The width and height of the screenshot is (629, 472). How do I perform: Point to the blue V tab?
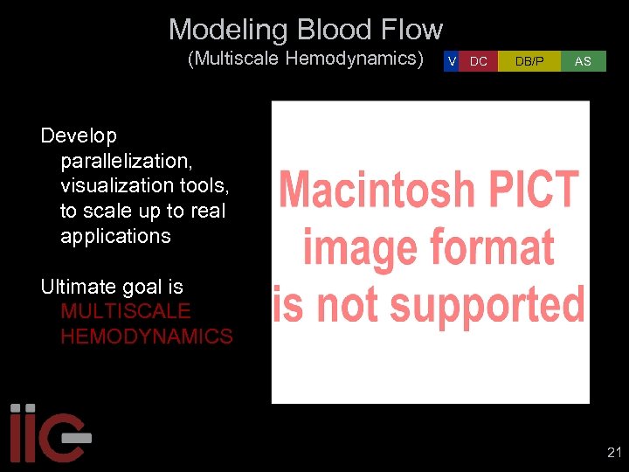[x=451, y=61]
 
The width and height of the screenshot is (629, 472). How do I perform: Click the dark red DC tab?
[x=479, y=61]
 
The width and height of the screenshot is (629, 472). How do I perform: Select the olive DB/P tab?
[x=529, y=61]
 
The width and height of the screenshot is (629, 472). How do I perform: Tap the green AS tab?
[x=583, y=61]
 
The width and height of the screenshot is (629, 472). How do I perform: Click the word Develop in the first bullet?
[x=79, y=135]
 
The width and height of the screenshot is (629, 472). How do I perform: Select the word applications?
[x=115, y=236]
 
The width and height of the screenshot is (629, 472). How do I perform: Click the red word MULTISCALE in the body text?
[x=126, y=311]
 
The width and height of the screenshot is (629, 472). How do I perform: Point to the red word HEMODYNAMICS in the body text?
[x=147, y=337]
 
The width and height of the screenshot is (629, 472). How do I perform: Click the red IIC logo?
[x=48, y=433]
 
